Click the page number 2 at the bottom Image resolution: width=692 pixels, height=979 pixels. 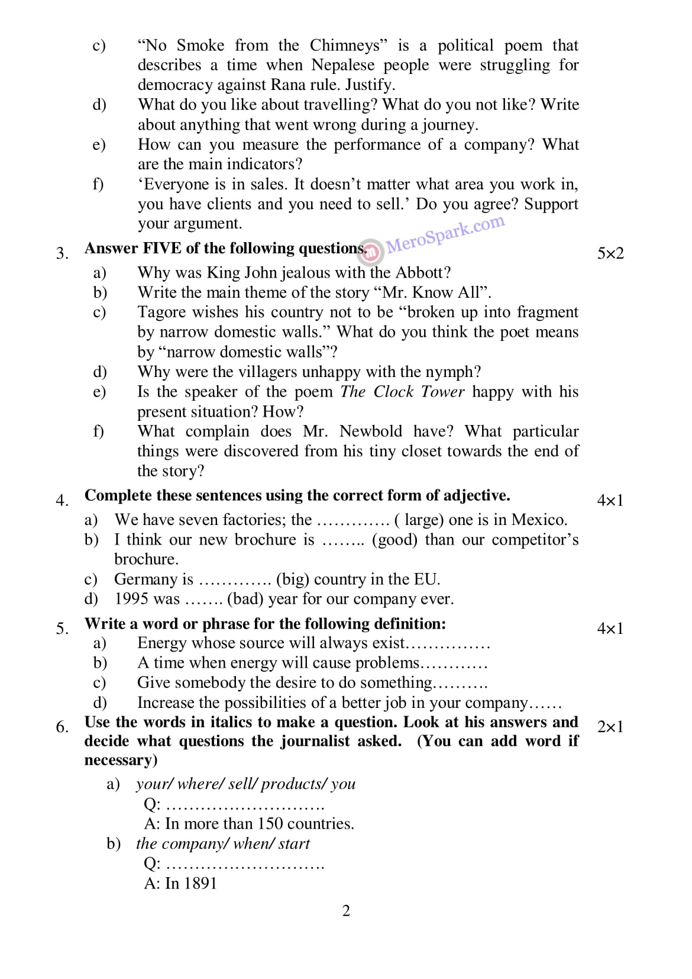point(346,910)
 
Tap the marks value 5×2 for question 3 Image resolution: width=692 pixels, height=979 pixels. point(610,253)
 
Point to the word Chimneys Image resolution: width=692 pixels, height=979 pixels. point(344,46)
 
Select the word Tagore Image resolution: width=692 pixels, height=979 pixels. point(159,312)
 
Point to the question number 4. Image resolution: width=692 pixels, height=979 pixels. point(62,500)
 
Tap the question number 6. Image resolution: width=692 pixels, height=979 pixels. point(62,726)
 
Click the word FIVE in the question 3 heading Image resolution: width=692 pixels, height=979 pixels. point(162,248)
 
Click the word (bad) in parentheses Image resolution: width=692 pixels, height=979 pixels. point(245,599)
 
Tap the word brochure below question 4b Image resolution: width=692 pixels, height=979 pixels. point(145,559)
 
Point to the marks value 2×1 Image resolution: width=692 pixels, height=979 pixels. point(610,726)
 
